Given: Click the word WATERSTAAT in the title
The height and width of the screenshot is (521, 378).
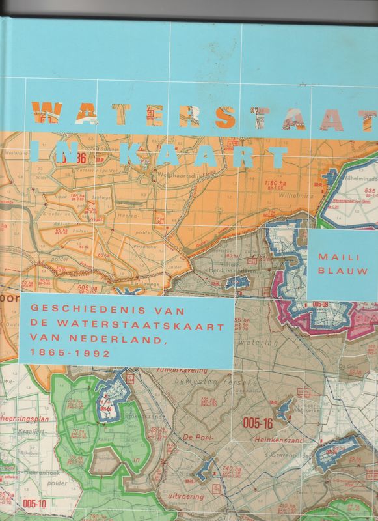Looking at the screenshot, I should (x=202, y=116).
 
